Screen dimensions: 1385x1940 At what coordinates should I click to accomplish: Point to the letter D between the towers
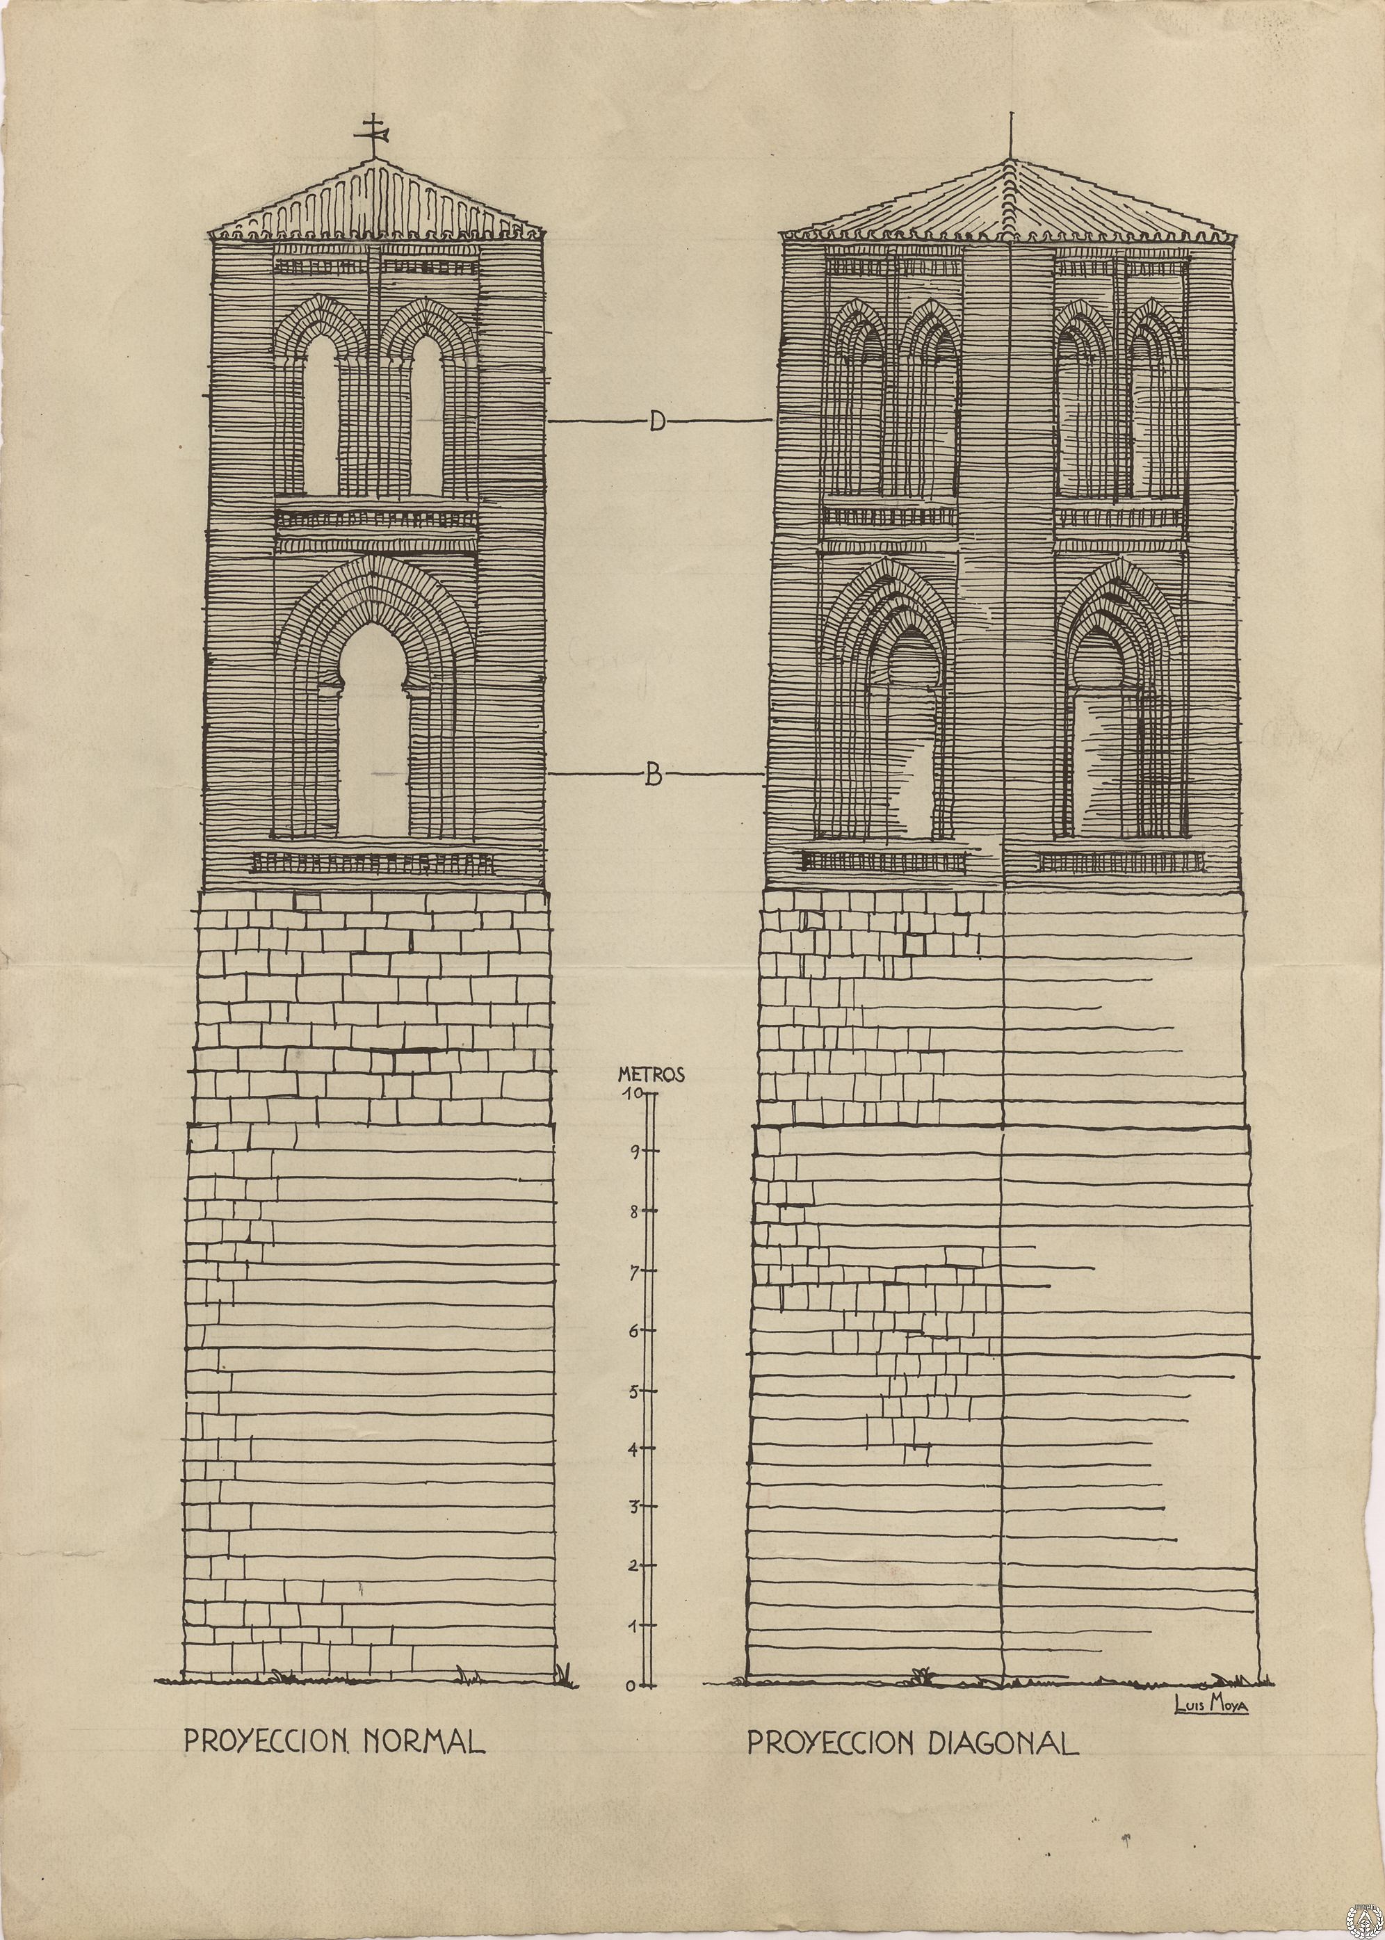click(656, 421)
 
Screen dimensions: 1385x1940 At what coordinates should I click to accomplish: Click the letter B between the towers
click(654, 775)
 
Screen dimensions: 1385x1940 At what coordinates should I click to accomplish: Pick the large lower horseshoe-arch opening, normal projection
click(373, 729)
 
